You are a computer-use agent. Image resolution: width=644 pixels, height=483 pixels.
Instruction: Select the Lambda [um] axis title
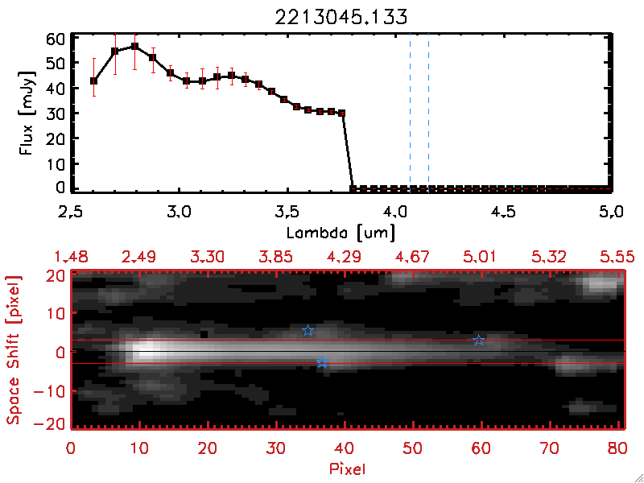click(x=342, y=233)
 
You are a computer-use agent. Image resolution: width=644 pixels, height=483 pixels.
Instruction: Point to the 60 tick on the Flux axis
click(x=55, y=38)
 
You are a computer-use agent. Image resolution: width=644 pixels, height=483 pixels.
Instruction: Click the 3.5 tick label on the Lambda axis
click(x=287, y=215)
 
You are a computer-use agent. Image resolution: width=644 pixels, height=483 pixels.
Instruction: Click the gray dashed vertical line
click(x=411, y=113)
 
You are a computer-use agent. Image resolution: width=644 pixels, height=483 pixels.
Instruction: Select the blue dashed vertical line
click(x=428, y=113)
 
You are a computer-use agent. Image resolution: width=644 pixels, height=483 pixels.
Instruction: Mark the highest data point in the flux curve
click(x=135, y=47)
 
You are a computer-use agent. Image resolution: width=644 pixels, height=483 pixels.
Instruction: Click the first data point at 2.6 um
click(x=93, y=80)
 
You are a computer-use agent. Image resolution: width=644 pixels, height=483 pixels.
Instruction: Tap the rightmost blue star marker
click(x=479, y=341)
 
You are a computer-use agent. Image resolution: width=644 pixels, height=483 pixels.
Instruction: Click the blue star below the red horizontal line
click(x=322, y=363)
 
